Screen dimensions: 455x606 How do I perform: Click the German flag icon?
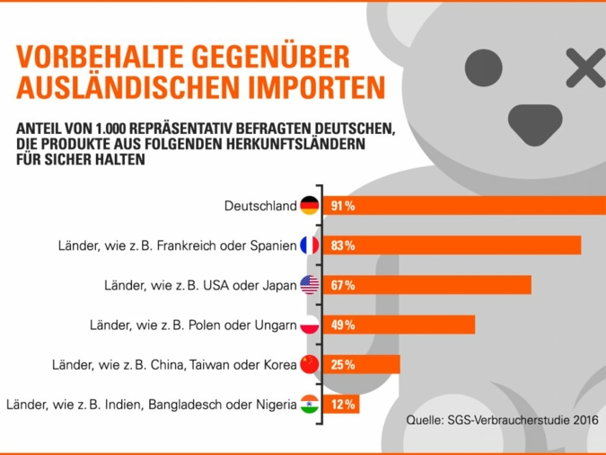coord(310,206)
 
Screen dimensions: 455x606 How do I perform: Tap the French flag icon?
coord(310,245)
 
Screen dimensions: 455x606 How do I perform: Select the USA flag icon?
coord(310,285)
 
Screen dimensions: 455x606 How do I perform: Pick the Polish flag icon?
coord(310,325)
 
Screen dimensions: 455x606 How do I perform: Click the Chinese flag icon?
coord(310,364)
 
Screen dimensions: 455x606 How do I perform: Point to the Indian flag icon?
coord(310,404)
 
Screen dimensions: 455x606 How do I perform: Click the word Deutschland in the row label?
coord(260,206)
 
